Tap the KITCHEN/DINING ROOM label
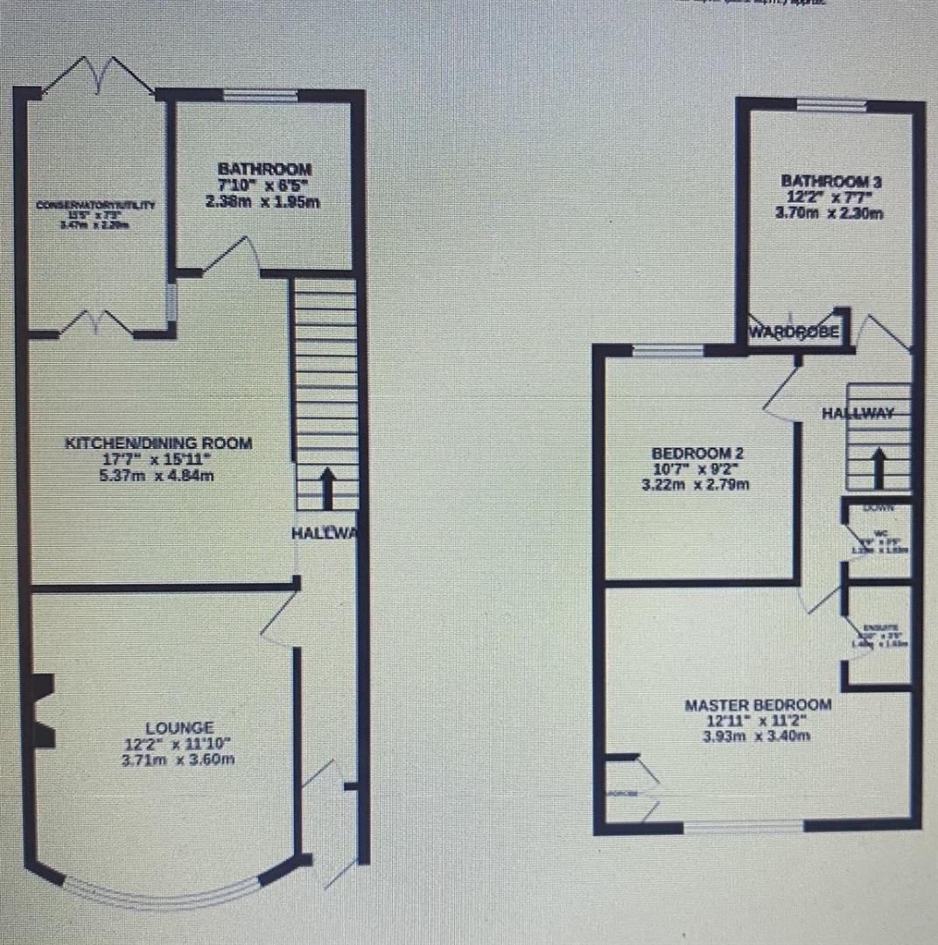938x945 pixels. coord(158,444)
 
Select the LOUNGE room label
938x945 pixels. coord(179,727)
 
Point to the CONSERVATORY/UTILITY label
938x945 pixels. coord(95,206)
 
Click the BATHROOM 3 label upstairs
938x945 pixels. coord(830,181)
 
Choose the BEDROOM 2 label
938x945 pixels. coord(697,453)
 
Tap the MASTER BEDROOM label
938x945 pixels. coord(758,704)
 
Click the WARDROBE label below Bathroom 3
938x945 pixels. coord(794,333)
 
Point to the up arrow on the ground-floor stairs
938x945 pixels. coord(327,488)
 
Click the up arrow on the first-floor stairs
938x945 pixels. coord(879,468)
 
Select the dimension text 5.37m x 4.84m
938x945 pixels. coord(158,476)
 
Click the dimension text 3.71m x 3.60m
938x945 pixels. coord(179,759)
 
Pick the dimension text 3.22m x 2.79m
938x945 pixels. coord(697,485)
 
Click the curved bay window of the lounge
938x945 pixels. coord(163,892)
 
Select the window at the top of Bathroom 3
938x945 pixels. coord(831,106)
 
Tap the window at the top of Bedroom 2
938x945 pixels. coord(668,352)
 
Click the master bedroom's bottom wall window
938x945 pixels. coord(743,824)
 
